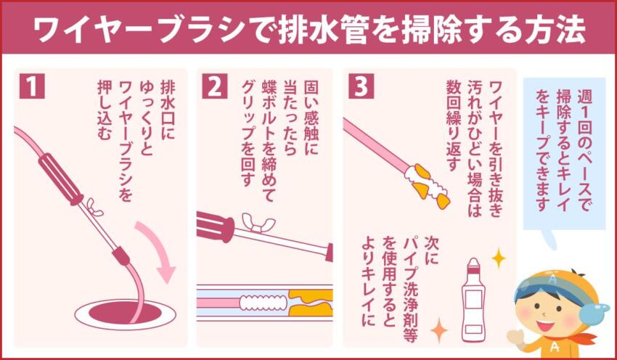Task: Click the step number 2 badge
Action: (x=213, y=87)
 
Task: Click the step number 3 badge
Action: (x=361, y=87)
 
